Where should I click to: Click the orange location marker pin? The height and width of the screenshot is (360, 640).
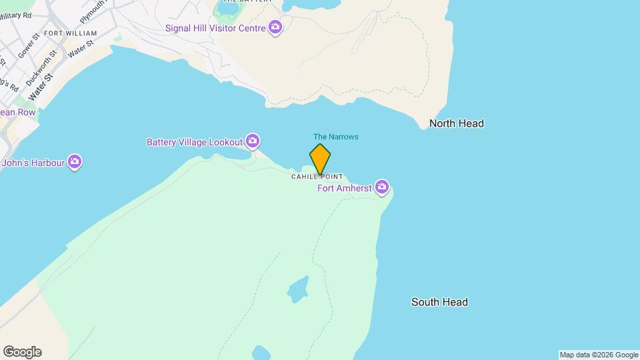(320, 159)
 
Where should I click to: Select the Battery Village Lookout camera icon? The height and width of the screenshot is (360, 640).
(252, 141)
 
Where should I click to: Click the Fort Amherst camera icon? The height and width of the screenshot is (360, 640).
(382, 187)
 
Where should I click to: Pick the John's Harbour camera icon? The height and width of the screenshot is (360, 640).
(75, 161)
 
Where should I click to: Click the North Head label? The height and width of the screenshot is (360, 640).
(456, 123)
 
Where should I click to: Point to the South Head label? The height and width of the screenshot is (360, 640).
(439, 302)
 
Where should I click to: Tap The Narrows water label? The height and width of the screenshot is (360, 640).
(336, 137)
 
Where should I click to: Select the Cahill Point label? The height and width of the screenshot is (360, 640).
(317, 177)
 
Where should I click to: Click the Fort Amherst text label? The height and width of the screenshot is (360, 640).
(345, 188)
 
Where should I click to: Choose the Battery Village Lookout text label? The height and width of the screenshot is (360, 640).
(195, 142)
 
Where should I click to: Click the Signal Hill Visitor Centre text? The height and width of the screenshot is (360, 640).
(216, 28)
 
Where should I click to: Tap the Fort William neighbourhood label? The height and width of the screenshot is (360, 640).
(70, 33)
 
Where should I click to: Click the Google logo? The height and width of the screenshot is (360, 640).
(21, 352)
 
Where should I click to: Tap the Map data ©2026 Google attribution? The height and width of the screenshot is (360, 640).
(599, 355)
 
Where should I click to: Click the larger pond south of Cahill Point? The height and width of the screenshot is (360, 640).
(298, 289)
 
